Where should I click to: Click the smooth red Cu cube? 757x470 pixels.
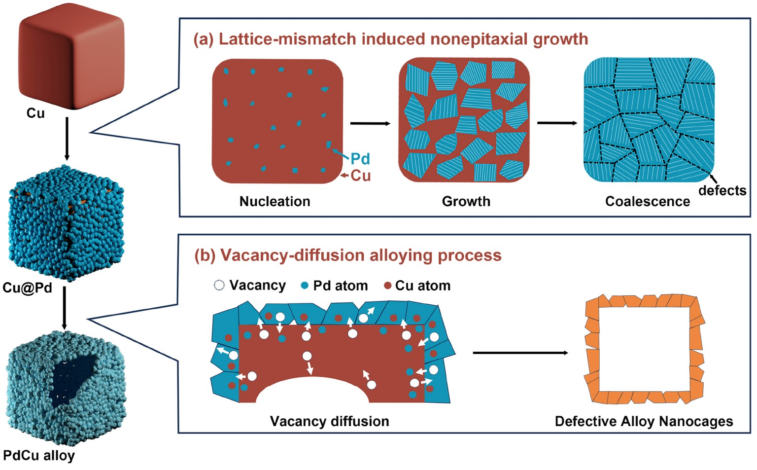coord(71,56)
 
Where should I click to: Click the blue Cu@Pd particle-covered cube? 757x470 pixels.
coord(66,223)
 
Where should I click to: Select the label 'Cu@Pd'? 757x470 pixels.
coord(28,288)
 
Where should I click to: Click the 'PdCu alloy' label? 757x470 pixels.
coord(39,456)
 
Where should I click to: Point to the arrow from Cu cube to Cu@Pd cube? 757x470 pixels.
coord(67,139)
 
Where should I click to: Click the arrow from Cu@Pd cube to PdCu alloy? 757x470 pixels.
coord(64,308)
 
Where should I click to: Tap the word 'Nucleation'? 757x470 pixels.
coord(275,202)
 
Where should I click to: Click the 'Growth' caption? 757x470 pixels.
coord(466,202)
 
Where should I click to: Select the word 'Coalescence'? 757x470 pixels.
coord(648,202)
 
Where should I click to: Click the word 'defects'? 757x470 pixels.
coord(722,191)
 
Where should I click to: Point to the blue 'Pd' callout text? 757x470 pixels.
coord(360,159)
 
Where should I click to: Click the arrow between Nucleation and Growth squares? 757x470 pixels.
coord(371,123)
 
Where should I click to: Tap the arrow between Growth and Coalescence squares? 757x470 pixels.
coord(557,123)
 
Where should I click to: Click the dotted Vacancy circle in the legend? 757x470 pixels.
coord(219,286)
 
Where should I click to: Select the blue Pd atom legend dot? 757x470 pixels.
coord(305,286)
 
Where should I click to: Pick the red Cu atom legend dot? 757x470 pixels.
coord(388,286)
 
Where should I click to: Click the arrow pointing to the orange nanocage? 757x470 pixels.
coord(520,353)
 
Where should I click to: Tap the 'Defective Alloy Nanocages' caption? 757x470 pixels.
coord(644,422)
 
